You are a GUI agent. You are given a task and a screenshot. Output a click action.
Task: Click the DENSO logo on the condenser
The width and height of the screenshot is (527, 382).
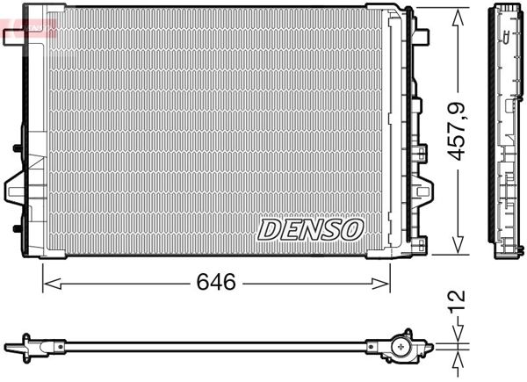pos(310,229)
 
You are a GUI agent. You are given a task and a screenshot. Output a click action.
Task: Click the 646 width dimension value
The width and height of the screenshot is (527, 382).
pos(216,283)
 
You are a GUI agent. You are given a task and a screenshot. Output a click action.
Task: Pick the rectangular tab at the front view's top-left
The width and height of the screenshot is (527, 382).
pos(18,36)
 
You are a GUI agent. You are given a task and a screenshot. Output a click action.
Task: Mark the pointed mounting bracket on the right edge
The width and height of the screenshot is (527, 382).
pos(424,188)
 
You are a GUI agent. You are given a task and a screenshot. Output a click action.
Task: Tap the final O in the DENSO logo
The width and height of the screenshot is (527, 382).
pos(350,229)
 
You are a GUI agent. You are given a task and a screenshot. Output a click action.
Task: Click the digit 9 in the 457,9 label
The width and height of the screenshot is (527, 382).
pos(457,110)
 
